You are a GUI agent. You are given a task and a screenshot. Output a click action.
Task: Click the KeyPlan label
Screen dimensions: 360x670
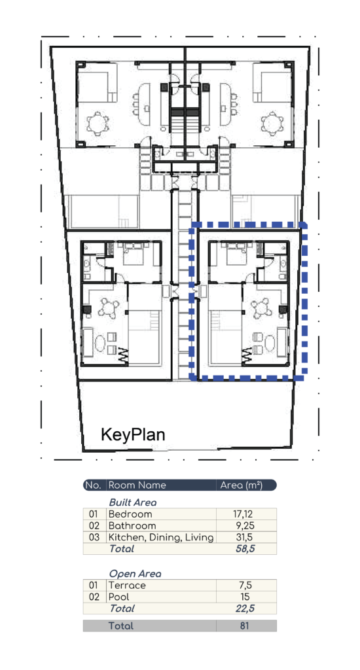click(x=133, y=434)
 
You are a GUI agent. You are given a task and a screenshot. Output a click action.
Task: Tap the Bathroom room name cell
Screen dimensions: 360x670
click(x=132, y=525)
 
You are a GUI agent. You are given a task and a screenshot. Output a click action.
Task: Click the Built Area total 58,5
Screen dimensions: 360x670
click(x=245, y=549)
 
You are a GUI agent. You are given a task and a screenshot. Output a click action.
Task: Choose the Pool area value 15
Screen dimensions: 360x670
click(x=246, y=597)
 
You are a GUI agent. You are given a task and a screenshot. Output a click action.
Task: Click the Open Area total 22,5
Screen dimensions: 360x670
click(x=245, y=608)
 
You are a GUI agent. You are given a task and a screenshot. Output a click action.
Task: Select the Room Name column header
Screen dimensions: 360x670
click(x=137, y=485)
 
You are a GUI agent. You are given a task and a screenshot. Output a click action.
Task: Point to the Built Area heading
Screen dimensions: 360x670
click(x=132, y=502)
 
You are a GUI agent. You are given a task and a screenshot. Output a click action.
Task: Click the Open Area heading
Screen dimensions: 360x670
click(x=135, y=574)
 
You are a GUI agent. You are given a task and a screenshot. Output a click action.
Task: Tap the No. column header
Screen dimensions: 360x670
click(x=93, y=485)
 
